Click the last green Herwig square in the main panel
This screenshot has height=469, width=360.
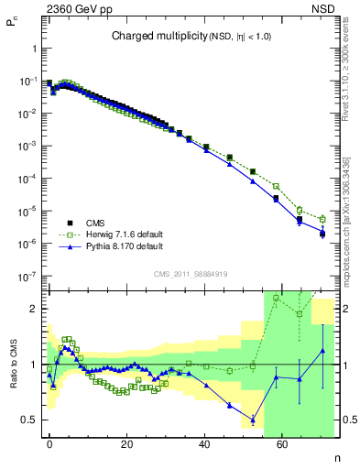pyautogui.click(x=322, y=219)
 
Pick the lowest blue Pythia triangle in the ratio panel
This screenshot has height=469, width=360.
pyautogui.click(x=252, y=420)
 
